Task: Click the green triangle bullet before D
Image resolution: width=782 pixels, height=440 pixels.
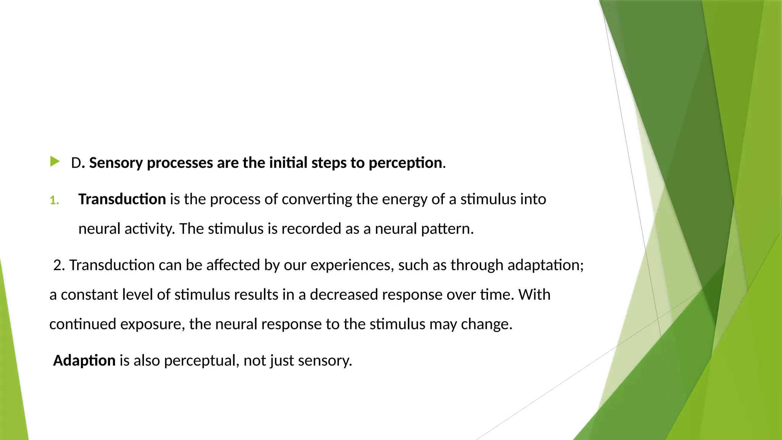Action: pos(55,162)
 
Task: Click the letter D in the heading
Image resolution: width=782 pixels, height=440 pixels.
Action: pos(76,163)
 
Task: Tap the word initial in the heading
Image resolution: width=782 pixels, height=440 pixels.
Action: pos(288,163)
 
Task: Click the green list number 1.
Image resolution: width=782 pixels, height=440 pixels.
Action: pos(54,200)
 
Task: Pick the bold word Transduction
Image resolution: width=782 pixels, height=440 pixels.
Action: pos(122,199)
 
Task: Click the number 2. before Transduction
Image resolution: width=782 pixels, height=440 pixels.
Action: pos(59,265)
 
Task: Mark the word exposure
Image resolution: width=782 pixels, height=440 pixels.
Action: pos(152,324)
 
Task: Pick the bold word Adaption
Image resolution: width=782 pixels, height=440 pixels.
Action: pos(84,361)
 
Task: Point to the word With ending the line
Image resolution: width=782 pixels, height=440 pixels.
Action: pos(534,295)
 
